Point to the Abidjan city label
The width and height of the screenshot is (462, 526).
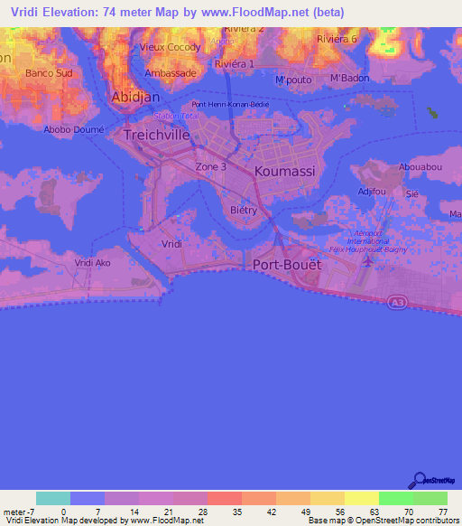click(x=134, y=97)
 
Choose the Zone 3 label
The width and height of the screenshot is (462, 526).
click(x=210, y=166)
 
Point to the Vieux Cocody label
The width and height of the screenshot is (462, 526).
click(x=170, y=46)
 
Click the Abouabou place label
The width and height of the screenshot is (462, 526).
click(x=418, y=166)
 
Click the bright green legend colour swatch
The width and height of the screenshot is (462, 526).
click(x=395, y=498)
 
